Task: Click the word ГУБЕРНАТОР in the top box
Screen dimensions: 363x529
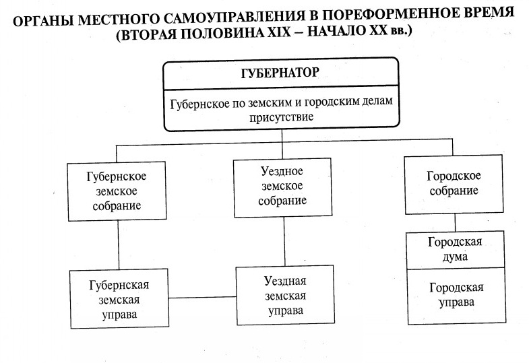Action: [282, 73]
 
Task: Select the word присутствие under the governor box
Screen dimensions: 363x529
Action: [282, 116]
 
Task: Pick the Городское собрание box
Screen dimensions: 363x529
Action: [453, 183]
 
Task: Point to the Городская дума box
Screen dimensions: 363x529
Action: [456, 248]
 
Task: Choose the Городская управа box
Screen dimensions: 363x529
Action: [456, 294]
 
